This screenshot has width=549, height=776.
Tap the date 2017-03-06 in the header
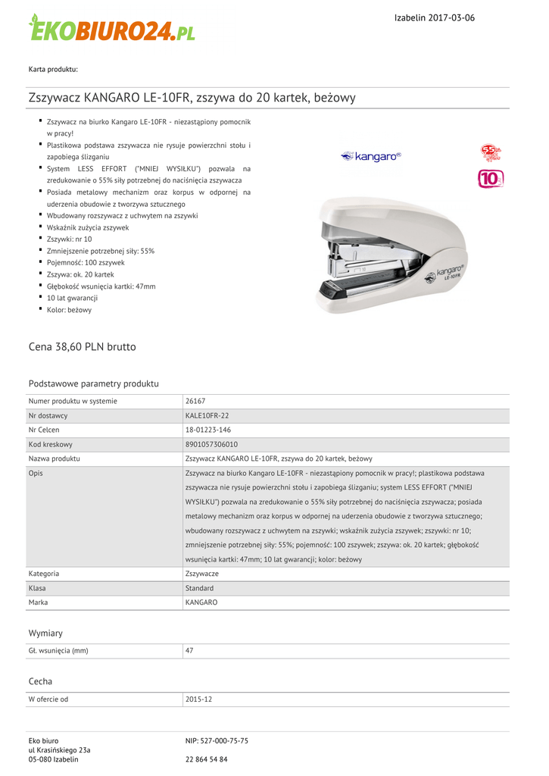pyautogui.click(x=451, y=17)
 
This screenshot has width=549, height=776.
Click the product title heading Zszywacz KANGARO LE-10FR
pyautogui.click(x=192, y=98)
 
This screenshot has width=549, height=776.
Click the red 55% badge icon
pyautogui.click(x=491, y=153)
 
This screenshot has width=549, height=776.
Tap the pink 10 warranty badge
pyautogui.click(x=491, y=179)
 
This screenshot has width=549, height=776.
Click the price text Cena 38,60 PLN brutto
pyautogui.click(x=83, y=346)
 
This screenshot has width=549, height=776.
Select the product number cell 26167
pyautogui.click(x=195, y=401)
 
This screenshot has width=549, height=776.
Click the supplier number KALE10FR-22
pyautogui.click(x=207, y=415)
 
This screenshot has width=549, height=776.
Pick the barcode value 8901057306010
pyautogui.click(x=211, y=444)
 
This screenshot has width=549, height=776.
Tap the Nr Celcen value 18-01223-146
pyautogui.click(x=207, y=430)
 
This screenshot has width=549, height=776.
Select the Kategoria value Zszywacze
pyautogui.click(x=202, y=574)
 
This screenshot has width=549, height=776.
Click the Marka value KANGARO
pyautogui.click(x=201, y=602)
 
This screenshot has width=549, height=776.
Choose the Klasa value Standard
pyautogui.click(x=199, y=588)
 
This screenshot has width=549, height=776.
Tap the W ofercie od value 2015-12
pyautogui.click(x=198, y=699)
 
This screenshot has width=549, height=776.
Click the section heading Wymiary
pyautogui.click(x=45, y=633)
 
